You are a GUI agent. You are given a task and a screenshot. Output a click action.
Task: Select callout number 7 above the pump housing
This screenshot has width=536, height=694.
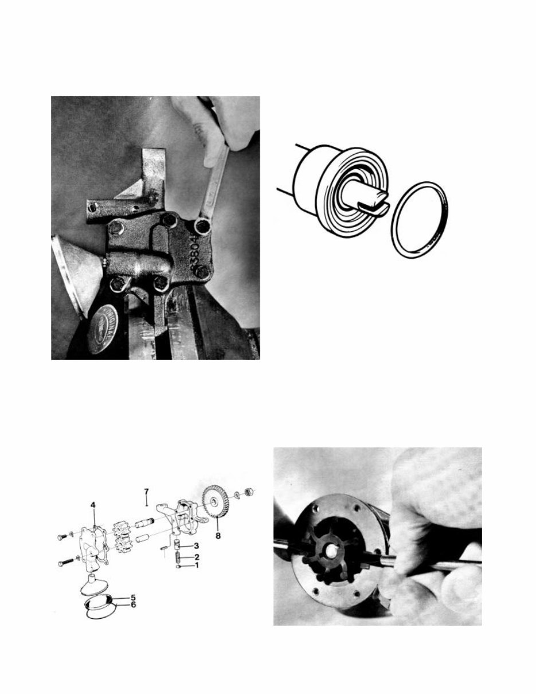pos(146,492)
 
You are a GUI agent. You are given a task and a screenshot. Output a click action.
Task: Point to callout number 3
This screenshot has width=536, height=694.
pos(196,545)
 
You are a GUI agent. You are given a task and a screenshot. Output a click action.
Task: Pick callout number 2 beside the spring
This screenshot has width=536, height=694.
pos(196,557)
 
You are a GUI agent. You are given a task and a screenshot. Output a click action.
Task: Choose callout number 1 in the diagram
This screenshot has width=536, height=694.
pos(196,566)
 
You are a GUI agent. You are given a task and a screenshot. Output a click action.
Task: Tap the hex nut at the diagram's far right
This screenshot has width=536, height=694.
pos(251,491)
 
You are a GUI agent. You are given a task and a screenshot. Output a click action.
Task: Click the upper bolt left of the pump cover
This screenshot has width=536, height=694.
pos(62,537)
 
